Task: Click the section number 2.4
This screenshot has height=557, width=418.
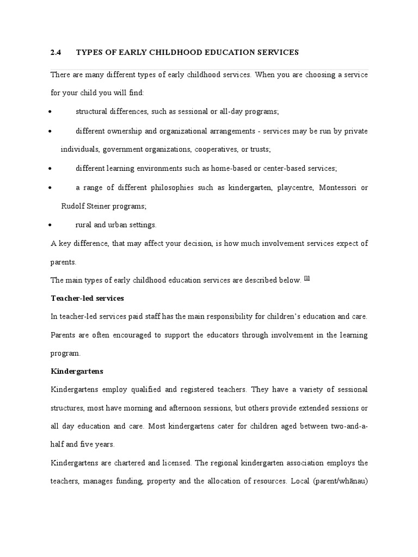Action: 57,52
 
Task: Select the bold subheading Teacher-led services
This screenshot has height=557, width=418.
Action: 87,298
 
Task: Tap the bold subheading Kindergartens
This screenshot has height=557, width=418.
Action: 77,371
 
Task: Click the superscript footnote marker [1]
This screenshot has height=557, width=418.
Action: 307,278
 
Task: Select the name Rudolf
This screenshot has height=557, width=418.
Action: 72,206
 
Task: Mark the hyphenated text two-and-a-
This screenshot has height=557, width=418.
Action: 342,426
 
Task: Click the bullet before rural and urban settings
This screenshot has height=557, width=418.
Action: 50,225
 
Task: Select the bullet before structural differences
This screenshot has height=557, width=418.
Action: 50,112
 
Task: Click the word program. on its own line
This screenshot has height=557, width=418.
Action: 65,353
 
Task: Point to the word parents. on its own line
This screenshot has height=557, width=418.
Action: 64,262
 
